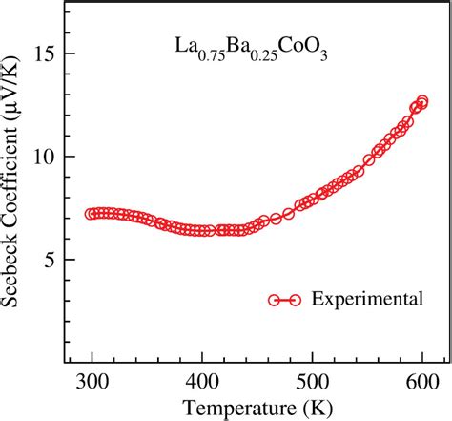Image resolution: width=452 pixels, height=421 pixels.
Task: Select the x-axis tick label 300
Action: [x=92, y=384]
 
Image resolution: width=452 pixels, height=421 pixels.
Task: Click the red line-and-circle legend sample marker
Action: [x=283, y=299]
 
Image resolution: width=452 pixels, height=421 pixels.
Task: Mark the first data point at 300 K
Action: [x=92, y=214]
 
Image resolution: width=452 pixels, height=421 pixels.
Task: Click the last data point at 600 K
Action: [x=421, y=103]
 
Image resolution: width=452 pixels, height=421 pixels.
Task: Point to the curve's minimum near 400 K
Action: [x=201, y=231]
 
